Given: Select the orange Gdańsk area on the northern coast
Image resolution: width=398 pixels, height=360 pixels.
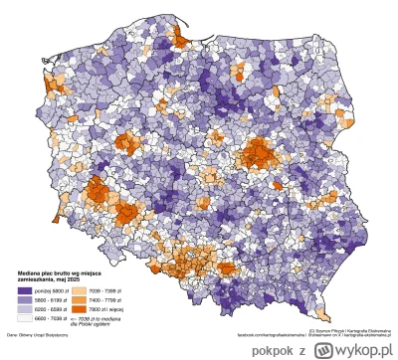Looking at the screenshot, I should click(x=181, y=38).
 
